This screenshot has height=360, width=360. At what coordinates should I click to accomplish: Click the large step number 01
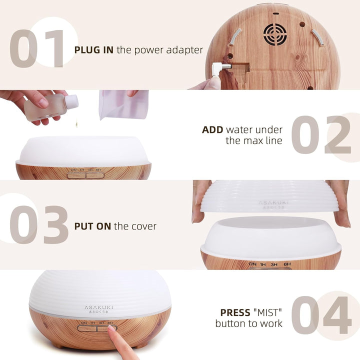(37, 49)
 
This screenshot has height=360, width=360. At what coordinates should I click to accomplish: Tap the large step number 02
(321, 135)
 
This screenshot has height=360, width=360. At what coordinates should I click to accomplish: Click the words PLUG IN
(94, 49)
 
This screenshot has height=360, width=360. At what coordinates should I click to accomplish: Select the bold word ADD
(212, 130)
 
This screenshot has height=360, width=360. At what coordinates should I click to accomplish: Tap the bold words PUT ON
(92, 226)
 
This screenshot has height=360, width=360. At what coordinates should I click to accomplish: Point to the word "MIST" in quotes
(268, 312)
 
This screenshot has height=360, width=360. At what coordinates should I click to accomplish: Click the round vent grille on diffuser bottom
(275, 34)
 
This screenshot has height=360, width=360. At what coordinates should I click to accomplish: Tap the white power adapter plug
(218, 68)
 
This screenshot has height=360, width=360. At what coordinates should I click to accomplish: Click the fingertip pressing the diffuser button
(112, 330)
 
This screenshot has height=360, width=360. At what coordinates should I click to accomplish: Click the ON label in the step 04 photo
(83, 323)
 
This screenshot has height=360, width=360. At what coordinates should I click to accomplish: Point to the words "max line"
(253, 140)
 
